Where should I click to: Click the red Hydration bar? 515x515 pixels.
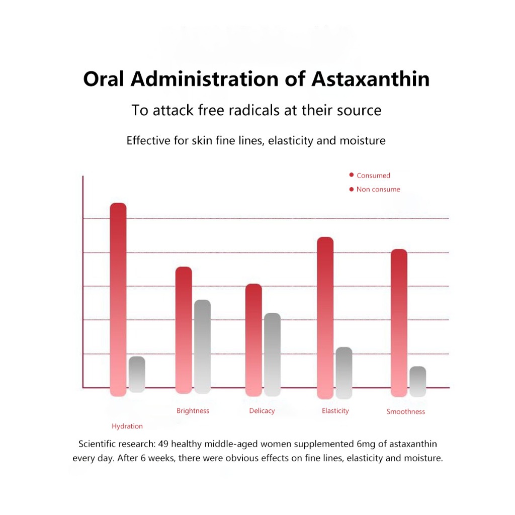point(118,299)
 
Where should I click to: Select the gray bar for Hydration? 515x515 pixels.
point(137,374)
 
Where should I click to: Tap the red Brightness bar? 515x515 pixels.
point(184,330)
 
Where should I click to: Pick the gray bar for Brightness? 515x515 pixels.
point(202,347)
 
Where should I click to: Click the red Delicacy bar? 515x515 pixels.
point(253,340)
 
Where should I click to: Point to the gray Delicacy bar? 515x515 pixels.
point(272,354)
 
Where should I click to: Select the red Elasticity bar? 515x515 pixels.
point(325,317)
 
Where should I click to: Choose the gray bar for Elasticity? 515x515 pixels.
point(344,373)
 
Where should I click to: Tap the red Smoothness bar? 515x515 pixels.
point(399,323)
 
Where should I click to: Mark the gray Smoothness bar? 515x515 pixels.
point(417,381)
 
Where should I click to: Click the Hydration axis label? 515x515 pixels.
point(127,426)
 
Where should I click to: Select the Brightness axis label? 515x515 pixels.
point(193,411)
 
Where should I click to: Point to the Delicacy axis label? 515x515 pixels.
point(262,411)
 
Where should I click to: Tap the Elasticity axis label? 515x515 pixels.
point(335,411)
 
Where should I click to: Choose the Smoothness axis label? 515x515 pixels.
point(406,411)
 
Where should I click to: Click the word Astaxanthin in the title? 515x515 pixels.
point(371,79)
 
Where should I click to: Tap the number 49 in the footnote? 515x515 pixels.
point(163,444)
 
